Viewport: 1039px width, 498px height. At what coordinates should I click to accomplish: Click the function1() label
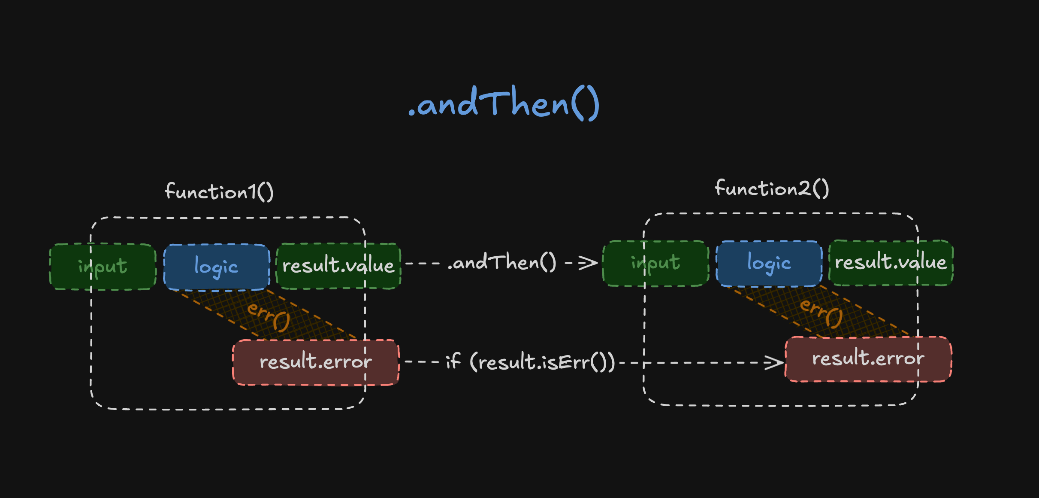point(219,191)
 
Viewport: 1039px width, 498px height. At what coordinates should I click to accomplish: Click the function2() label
point(771,188)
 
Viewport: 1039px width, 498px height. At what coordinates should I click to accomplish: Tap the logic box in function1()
point(216,267)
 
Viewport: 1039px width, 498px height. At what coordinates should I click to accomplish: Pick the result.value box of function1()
point(338,266)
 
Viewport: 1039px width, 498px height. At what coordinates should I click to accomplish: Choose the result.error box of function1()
point(316,362)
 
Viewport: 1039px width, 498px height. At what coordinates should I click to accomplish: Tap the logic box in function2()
point(769,264)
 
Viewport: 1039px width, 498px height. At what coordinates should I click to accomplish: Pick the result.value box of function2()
point(891,262)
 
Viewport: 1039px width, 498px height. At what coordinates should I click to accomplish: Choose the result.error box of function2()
point(868,358)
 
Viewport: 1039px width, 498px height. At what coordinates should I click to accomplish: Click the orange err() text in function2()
point(821,313)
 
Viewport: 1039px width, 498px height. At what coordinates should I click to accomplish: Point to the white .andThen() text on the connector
point(501,262)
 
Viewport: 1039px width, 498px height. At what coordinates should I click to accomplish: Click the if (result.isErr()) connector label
point(530,362)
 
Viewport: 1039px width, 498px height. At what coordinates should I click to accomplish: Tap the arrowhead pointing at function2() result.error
point(774,363)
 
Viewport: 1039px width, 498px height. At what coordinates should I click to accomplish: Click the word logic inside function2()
point(769,264)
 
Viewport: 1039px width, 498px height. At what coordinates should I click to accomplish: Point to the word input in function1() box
point(103,267)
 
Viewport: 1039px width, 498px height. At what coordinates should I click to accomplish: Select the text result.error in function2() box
point(868,358)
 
